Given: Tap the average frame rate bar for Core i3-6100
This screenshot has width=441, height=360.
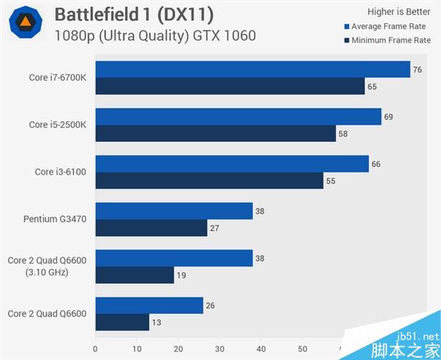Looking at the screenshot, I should [232, 163].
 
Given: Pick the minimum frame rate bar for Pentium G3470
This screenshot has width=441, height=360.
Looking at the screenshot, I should [151, 228].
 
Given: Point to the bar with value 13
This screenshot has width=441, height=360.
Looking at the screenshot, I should [122, 322].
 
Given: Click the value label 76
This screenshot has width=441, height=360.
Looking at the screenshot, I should [417, 70].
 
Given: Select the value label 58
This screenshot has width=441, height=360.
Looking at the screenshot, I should [344, 134].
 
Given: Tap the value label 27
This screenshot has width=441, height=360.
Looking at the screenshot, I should [215, 228].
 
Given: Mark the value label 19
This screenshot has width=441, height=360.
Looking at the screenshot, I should [182, 276].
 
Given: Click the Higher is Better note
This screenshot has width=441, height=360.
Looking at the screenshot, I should [399, 12].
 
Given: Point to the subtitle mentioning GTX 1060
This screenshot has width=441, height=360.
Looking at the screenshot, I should [154, 35].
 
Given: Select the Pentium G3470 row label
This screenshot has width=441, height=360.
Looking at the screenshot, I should [55, 219].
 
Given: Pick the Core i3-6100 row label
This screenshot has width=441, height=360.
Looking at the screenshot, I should [60, 172].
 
